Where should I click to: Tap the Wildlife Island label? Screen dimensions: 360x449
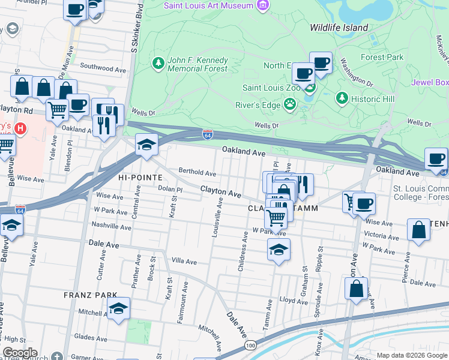[x=338, y=28]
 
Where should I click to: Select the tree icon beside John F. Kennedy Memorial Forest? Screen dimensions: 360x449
[x=158, y=63]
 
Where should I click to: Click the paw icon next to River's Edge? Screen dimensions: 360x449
[x=290, y=104]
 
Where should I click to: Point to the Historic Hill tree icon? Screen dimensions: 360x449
[x=342, y=97]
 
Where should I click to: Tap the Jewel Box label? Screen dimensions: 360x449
[x=429, y=82]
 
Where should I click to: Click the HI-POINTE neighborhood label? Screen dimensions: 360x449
[x=140, y=178]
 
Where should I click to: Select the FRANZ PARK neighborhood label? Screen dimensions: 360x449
[x=86, y=296]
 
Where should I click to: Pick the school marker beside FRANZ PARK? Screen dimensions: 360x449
[x=119, y=309]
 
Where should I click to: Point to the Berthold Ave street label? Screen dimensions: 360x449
[x=197, y=173]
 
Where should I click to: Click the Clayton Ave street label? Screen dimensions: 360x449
[x=220, y=191]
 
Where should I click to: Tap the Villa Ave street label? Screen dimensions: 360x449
[x=184, y=262]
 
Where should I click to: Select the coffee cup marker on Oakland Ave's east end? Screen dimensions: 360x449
[x=436, y=160]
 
